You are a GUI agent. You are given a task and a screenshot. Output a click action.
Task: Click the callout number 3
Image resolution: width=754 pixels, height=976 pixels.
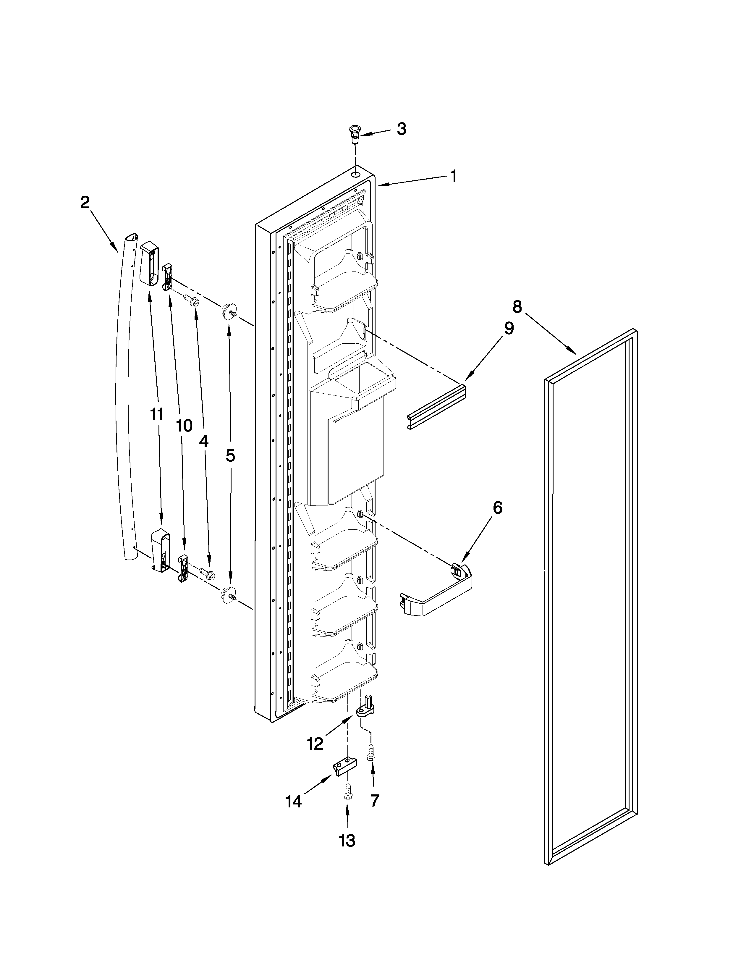point(402,129)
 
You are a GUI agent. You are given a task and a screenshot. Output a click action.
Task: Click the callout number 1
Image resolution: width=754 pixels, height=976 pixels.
point(453,176)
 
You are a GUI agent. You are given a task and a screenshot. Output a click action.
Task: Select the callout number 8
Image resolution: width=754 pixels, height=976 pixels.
point(517,307)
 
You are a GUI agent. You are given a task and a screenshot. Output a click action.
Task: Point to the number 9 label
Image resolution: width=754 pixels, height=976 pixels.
point(509,329)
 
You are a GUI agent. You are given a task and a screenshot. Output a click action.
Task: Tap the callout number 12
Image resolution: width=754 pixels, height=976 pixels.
point(315,744)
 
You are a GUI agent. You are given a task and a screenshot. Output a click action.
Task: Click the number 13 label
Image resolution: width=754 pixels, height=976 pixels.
point(347,841)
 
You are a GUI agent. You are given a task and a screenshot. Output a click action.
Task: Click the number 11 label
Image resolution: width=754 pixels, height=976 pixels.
point(156,415)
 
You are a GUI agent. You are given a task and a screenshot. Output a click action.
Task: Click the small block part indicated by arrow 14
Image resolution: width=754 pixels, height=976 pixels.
point(344,767)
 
